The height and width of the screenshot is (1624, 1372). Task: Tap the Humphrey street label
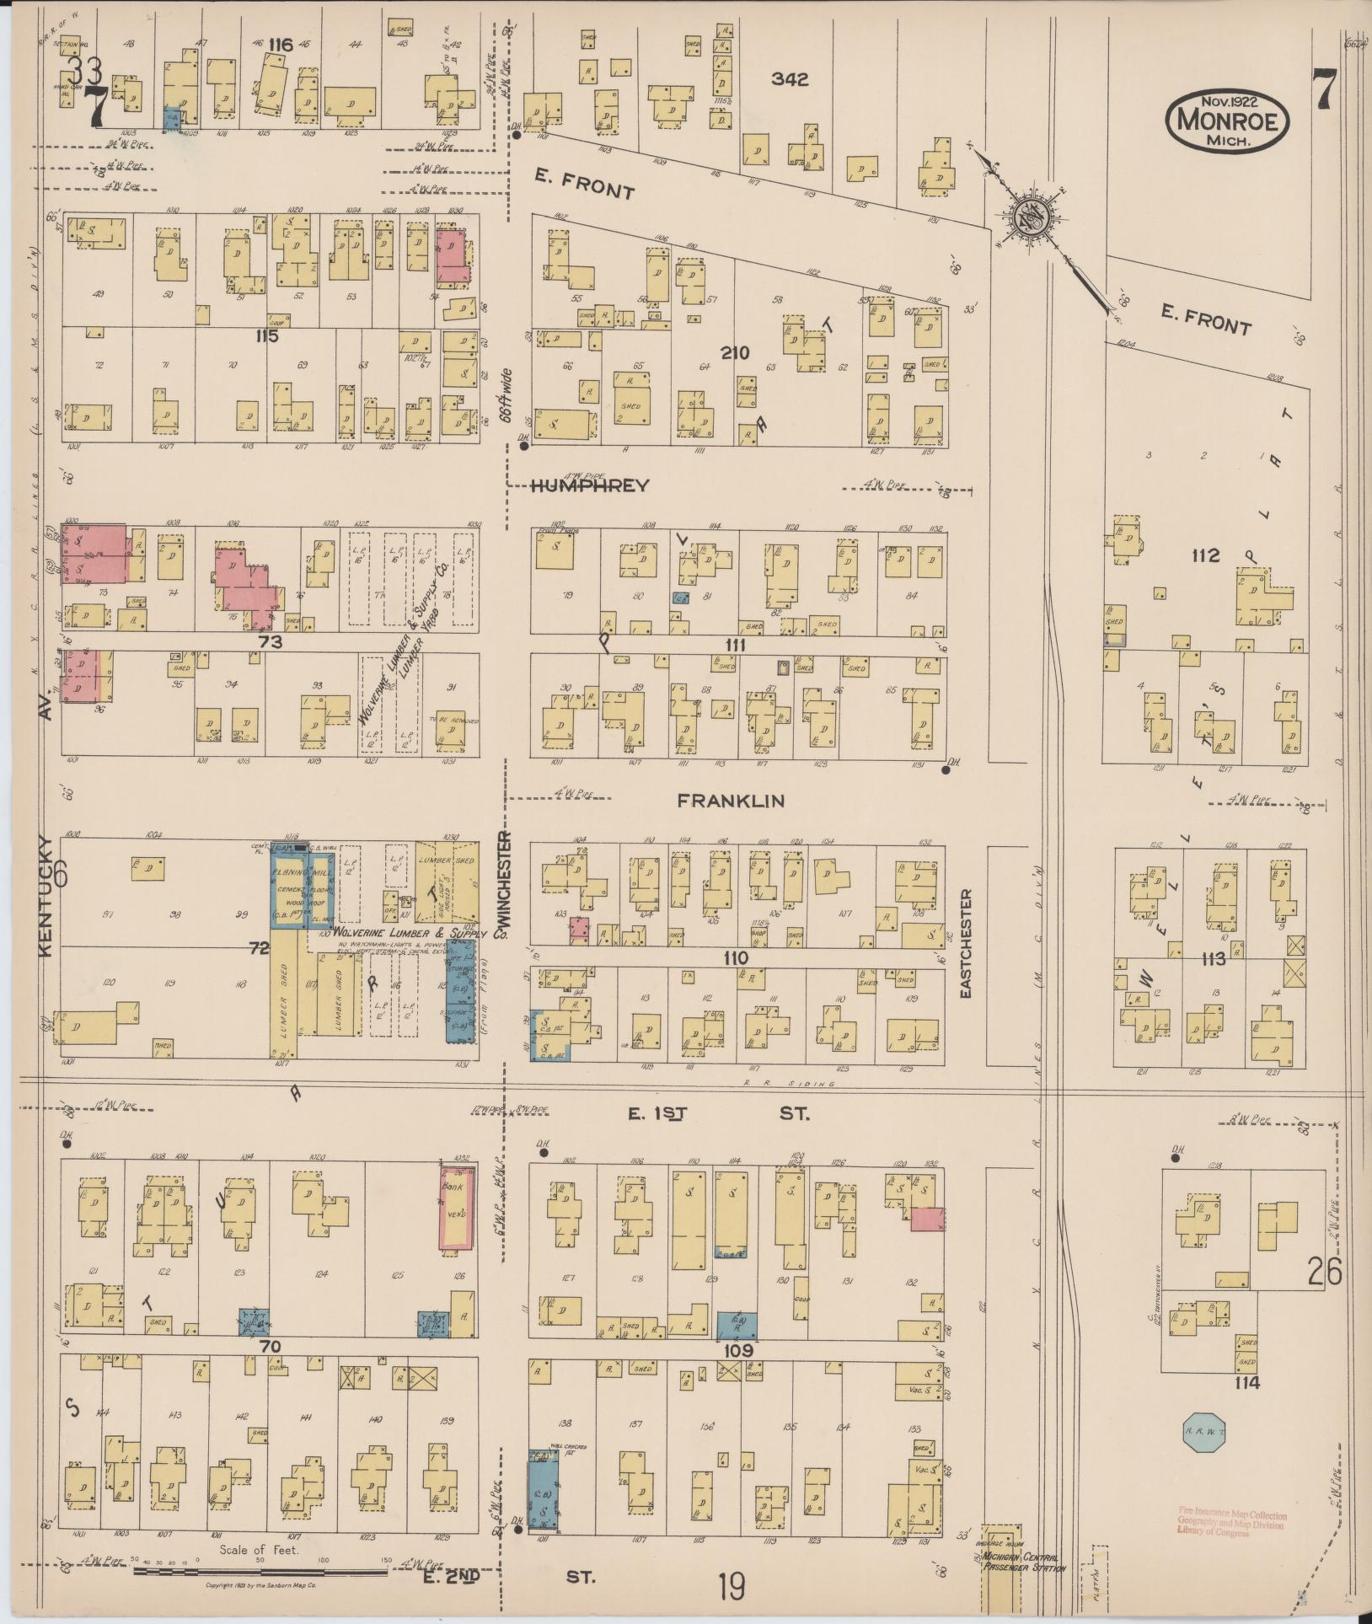point(590,485)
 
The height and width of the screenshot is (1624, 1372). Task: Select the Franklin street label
point(731,801)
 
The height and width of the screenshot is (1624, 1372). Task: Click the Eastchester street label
point(966,944)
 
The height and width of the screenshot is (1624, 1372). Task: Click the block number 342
point(790,79)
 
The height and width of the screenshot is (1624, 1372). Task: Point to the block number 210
point(735,352)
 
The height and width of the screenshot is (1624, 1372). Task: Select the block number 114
point(1246,1383)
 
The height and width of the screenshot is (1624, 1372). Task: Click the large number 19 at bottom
point(732,1588)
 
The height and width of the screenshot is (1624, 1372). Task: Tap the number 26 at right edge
point(1324,1273)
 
